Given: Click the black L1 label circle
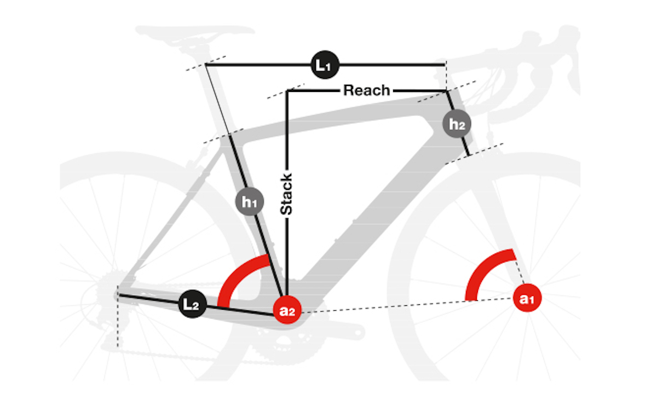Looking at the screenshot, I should (325, 65).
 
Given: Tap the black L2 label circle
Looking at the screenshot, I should (192, 305).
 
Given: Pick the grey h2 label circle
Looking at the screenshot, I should (457, 124).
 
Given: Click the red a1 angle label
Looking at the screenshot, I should (527, 299).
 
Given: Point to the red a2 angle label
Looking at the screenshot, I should (287, 312).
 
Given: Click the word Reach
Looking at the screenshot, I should (366, 90).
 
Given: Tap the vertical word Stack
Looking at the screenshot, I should (286, 194).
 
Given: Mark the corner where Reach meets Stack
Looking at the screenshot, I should (287, 91).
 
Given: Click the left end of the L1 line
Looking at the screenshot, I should (206, 65).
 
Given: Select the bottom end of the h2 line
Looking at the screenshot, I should (469, 155).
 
